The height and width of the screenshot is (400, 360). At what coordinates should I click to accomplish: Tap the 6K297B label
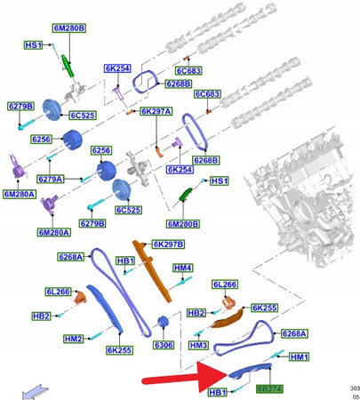tap(167, 244)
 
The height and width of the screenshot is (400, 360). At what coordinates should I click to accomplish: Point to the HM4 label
tap(183, 268)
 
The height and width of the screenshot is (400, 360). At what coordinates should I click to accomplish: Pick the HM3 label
tap(199, 345)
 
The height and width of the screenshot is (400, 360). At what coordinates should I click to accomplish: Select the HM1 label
tap(298, 357)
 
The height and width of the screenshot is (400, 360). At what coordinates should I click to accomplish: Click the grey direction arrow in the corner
tap(36, 389)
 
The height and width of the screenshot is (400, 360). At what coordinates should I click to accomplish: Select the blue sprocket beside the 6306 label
tap(163, 323)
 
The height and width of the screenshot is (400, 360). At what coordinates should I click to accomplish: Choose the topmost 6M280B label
tap(69, 28)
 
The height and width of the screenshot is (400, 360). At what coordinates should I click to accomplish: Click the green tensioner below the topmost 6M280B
tap(66, 64)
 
